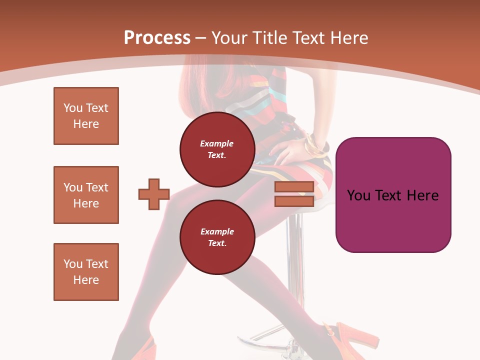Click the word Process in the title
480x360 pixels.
157,37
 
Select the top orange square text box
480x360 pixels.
86,116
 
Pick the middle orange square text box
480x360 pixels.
86,195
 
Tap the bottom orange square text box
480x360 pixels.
86,272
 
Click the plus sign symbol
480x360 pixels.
154,194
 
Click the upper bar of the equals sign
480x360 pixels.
294,187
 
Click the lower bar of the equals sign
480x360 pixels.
294,201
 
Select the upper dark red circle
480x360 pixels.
217,149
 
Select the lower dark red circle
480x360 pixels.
217,237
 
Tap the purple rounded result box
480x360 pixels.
393,195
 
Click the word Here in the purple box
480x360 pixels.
423,195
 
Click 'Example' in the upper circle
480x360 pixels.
217,143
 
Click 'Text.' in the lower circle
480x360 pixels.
217,243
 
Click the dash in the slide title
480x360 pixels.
200,38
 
